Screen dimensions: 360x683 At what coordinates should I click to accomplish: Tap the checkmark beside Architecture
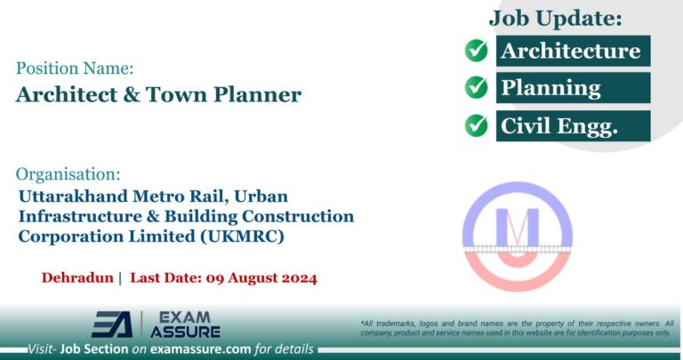(x=477, y=51)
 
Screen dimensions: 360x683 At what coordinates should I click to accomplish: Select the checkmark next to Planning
(x=477, y=88)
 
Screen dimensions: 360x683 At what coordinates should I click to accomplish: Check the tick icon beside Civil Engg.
(x=477, y=125)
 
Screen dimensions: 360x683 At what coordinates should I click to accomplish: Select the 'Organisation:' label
(x=68, y=173)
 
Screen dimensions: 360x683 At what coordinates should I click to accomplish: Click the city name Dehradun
(x=77, y=277)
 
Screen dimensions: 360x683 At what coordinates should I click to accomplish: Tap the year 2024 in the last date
(x=294, y=277)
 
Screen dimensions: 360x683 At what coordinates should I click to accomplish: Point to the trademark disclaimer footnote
(x=516, y=327)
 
